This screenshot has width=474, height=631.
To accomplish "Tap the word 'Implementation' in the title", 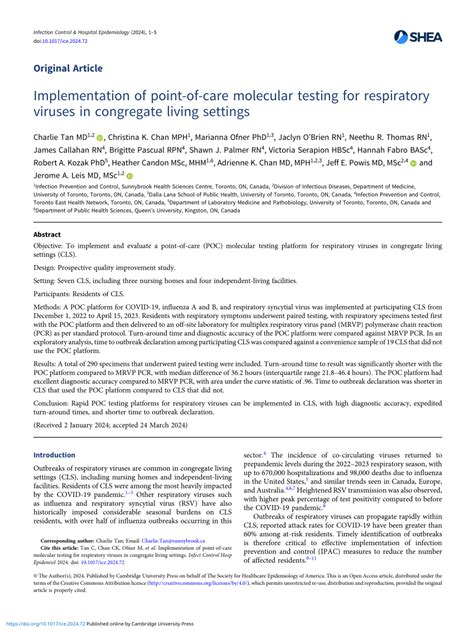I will click(x=98, y=98).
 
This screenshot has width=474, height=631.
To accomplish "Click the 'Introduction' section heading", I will click(x=62, y=455).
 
